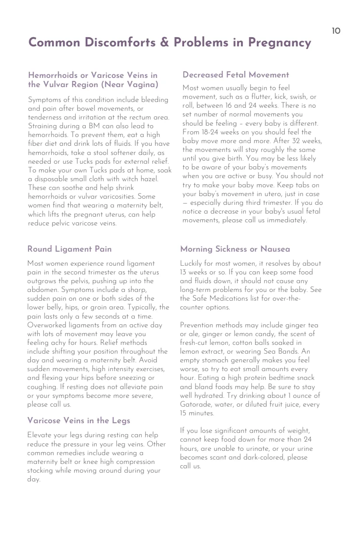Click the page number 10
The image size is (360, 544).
(336, 31)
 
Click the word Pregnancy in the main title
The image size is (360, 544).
(280, 43)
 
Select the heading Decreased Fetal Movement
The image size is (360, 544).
(236, 75)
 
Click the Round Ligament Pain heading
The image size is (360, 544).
(70, 249)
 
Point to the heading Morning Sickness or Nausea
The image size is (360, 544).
(235, 249)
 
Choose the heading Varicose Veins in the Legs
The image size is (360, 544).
(79, 421)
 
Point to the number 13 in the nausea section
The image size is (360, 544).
(184, 272)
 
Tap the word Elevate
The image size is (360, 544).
(40, 435)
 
